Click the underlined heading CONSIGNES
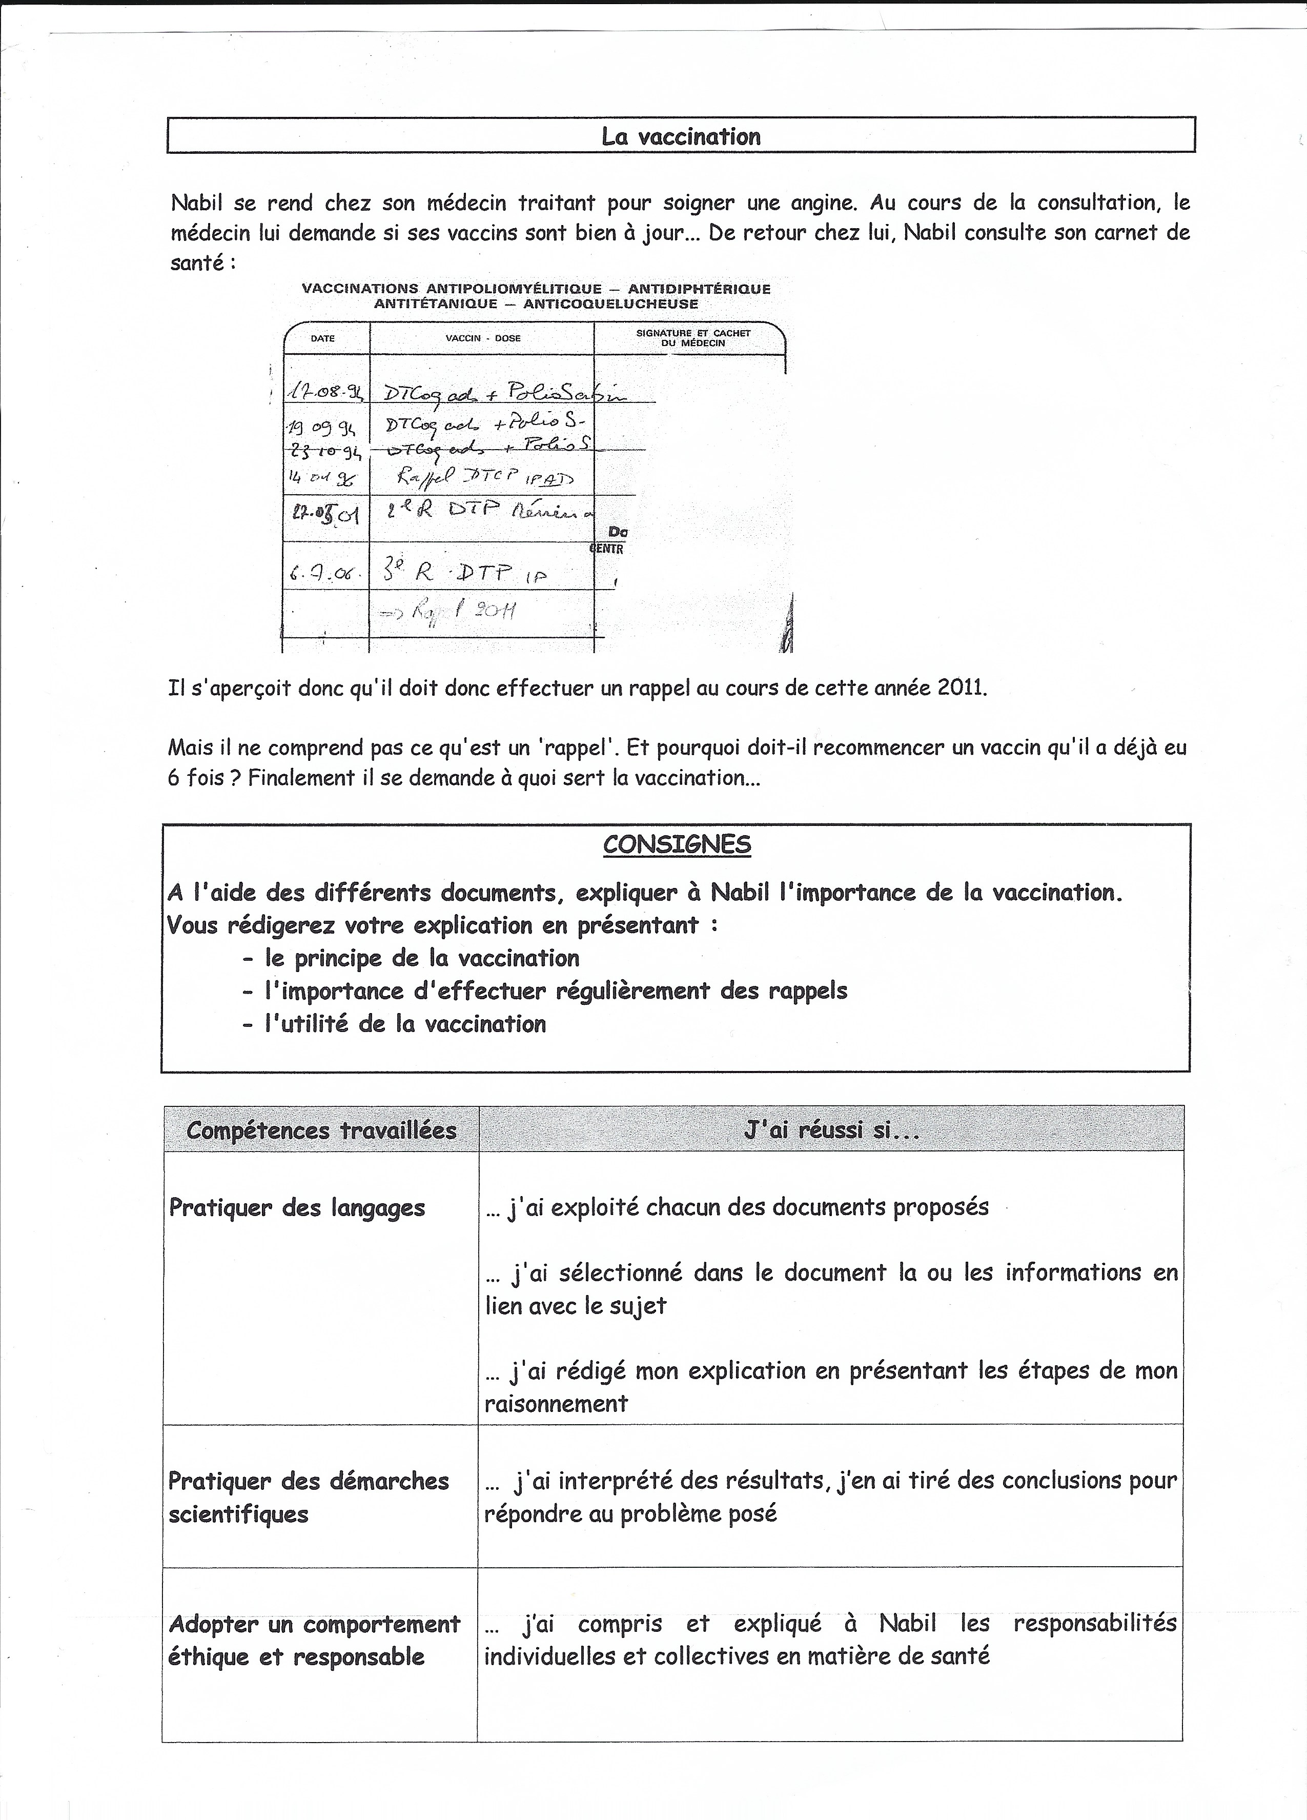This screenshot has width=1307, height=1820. click(x=677, y=845)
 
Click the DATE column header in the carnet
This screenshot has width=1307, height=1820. click(x=322, y=339)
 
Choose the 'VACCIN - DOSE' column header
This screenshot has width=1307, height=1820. click(x=483, y=339)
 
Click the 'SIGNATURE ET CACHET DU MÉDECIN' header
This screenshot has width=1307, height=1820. click(x=692, y=338)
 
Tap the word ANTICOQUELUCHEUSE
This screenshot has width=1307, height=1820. click(x=610, y=304)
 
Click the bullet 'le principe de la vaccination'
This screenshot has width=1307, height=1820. click(x=422, y=958)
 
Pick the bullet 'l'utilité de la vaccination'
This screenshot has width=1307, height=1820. click(x=405, y=1024)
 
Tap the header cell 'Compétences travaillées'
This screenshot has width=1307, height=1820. click(x=321, y=1130)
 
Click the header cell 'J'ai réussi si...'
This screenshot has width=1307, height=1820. click(x=831, y=1130)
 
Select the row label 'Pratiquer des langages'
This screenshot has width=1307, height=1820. click(x=297, y=1208)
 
